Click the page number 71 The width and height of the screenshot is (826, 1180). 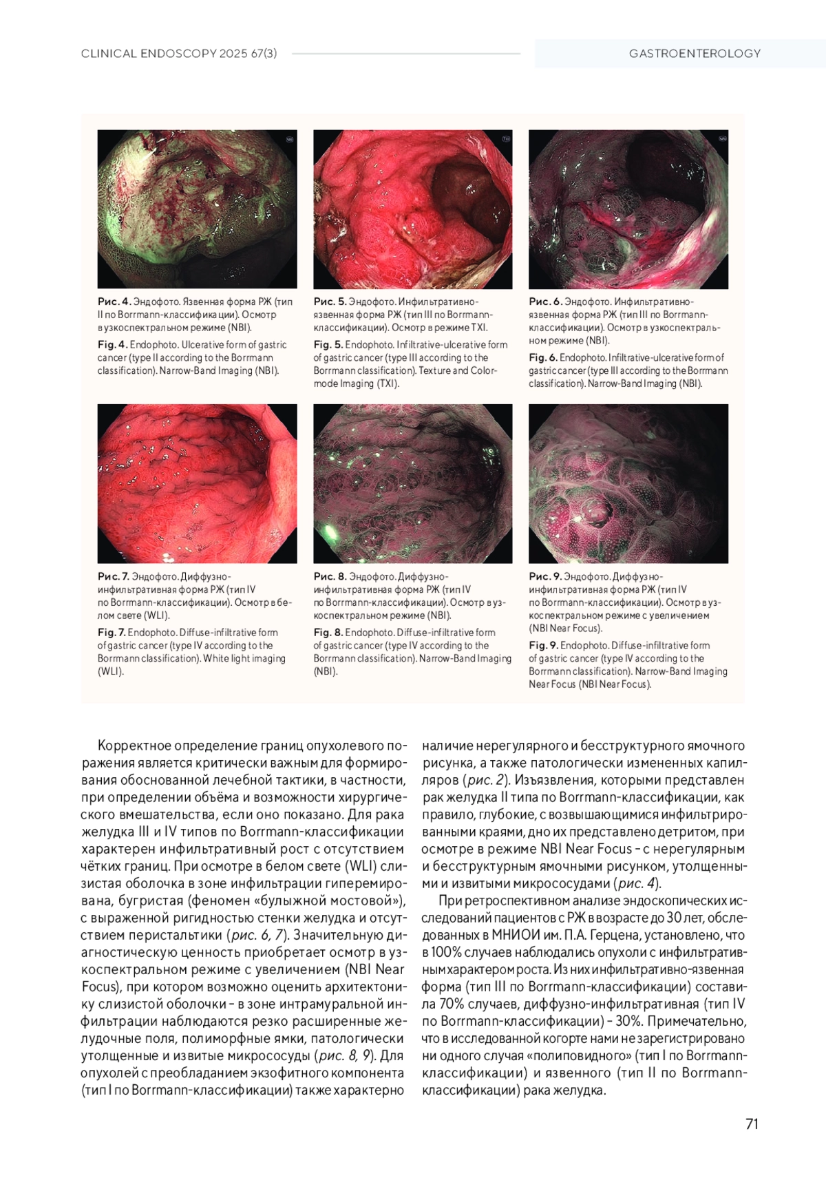coord(752,1124)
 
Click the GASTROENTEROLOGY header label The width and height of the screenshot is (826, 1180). coord(695,53)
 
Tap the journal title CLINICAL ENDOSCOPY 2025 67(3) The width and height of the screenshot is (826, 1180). coord(179,53)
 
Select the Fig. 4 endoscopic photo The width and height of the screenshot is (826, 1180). coord(197,209)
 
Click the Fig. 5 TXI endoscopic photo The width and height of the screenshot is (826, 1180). coord(412,209)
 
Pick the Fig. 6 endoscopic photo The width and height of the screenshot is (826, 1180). coord(628,209)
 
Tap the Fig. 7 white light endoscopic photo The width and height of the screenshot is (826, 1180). coord(197,483)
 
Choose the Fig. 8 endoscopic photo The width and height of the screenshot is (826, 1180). coord(412,483)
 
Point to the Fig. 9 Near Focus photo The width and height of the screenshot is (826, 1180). coord(628,483)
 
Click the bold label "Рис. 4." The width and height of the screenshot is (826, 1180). coord(114,302)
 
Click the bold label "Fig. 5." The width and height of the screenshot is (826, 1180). coord(328,344)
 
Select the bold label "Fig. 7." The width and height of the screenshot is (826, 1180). coord(112,632)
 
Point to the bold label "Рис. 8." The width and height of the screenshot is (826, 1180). coord(330,576)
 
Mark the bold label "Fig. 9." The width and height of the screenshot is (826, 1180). coord(543,645)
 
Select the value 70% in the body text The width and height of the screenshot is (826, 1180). coord(476,1004)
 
